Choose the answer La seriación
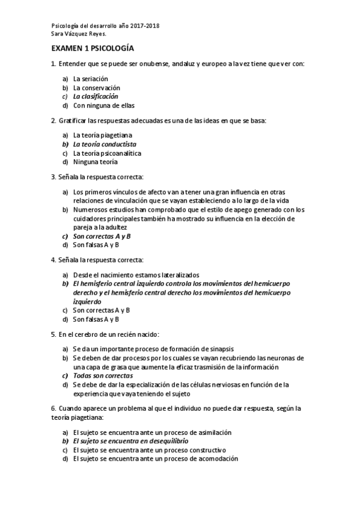point(90,79)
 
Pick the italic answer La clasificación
point(96,96)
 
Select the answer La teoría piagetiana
point(102,135)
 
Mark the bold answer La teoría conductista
point(105,144)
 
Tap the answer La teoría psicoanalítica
point(107,153)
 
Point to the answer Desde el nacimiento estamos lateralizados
point(136,274)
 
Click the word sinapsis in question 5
point(221,349)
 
